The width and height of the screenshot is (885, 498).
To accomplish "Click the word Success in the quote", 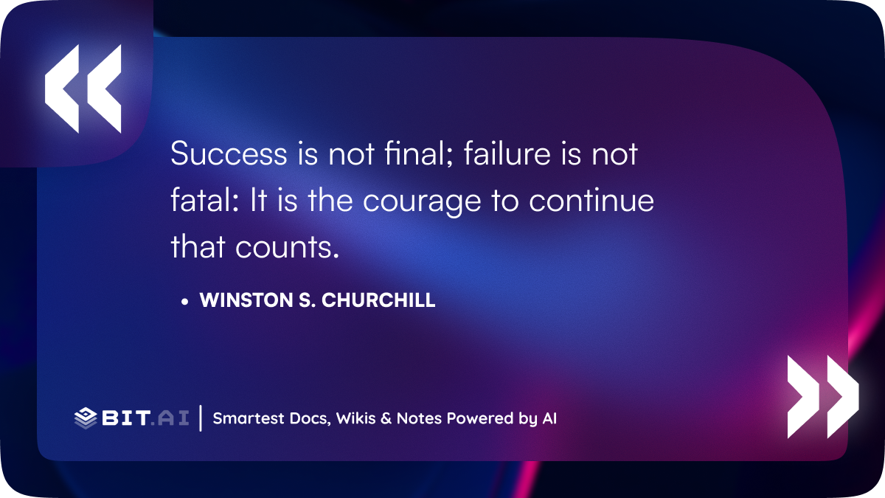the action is click(x=229, y=153).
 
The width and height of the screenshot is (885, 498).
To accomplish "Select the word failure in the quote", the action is click(x=507, y=153).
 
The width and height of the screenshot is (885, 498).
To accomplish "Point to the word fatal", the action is click(x=205, y=200).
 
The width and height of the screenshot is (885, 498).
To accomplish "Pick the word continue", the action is click(x=591, y=200).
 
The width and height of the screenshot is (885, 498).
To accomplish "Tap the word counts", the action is click(x=287, y=247).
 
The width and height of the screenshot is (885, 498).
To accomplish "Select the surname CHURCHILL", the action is click(x=378, y=300).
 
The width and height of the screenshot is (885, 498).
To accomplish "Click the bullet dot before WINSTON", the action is click(x=184, y=302).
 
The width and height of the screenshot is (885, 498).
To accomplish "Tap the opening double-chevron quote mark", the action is click(x=83, y=89).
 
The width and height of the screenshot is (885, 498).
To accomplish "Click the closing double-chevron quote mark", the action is click(x=823, y=397).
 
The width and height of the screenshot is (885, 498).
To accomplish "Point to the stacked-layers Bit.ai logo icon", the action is click(x=86, y=418).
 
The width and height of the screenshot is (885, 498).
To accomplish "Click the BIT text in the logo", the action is click(x=125, y=418).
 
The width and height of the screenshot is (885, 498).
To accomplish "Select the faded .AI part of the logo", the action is click(x=170, y=418).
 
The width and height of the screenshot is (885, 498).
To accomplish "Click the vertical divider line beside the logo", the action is click(x=201, y=418).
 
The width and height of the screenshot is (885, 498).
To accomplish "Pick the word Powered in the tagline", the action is click(x=479, y=418).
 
